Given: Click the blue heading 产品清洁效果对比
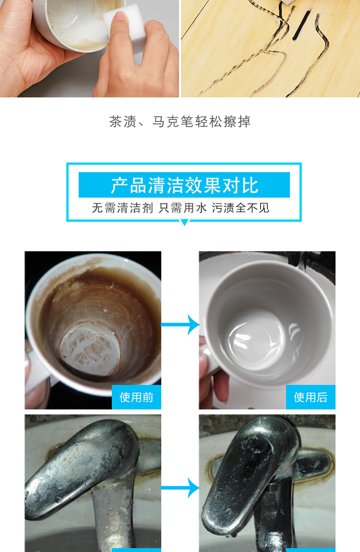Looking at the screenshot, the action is (184, 185).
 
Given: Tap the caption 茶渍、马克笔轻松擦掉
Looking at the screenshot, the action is (180, 121).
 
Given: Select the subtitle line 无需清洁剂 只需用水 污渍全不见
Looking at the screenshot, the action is (180, 208).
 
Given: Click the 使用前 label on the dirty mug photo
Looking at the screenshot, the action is (136, 397).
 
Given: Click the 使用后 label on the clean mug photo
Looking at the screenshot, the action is (311, 397).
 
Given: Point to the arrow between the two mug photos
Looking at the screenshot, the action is (180, 324).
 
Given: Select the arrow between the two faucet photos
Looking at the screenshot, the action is (180, 488).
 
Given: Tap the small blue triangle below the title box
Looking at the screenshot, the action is (184, 222).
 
